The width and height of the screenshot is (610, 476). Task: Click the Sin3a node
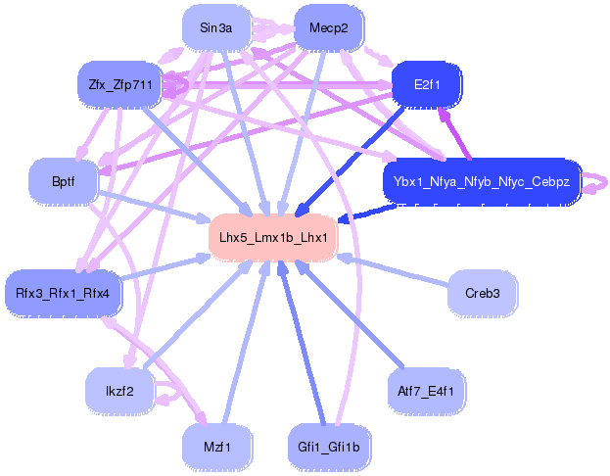click(x=215, y=27)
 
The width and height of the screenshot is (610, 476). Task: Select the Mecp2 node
click(x=328, y=27)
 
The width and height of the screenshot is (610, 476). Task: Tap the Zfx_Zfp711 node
click(x=118, y=84)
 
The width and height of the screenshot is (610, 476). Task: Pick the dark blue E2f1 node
click(x=427, y=84)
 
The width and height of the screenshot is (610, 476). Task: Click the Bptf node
click(x=64, y=181)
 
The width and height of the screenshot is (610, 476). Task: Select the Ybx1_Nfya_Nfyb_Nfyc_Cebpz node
click(x=482, y=181)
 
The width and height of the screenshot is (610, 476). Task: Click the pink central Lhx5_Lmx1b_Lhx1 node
click(x=273, y=237)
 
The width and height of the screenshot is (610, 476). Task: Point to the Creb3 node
click(x=482, y=293)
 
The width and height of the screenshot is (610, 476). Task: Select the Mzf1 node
click(x=216, y=448)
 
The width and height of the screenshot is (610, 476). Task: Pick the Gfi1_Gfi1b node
click(x=329, y=448)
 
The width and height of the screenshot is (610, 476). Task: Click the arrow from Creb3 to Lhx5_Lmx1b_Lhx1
click(x=401, y=273)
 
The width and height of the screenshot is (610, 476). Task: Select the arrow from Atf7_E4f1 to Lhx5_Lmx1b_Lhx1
click(x=362, y=324)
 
